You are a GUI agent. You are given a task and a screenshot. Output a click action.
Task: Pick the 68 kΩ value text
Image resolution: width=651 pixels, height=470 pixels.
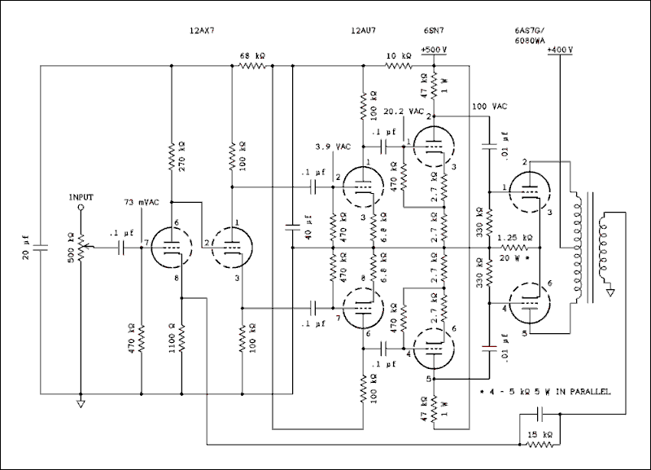point(252,55)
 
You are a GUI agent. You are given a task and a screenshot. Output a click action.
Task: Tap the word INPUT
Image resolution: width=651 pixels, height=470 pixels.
point(81,197)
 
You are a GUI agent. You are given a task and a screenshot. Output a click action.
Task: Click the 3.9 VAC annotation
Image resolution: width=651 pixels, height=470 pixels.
point(333,147)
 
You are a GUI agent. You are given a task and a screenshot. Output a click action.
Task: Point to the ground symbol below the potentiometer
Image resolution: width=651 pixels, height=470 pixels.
point(81,404)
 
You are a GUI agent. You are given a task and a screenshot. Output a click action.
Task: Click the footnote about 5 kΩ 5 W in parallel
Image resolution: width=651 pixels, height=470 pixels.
point(547,392)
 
